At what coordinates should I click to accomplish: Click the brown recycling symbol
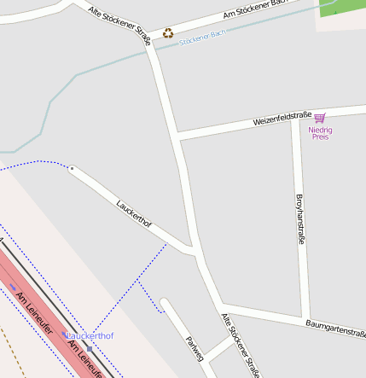point(168,33)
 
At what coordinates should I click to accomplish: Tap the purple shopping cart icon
point(320,119)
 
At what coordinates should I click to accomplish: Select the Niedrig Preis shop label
point(320,133)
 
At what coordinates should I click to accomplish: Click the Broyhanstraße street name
point(299,218)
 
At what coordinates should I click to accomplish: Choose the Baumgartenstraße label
point(335,329)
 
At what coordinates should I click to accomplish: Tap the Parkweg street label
point(195,349)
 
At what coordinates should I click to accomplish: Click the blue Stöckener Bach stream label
point(202,37)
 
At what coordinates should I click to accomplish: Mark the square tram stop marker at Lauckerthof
point(89,348)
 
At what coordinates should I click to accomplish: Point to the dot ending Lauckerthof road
point(72,169)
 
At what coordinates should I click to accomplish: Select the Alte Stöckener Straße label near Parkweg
point(240,345)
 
